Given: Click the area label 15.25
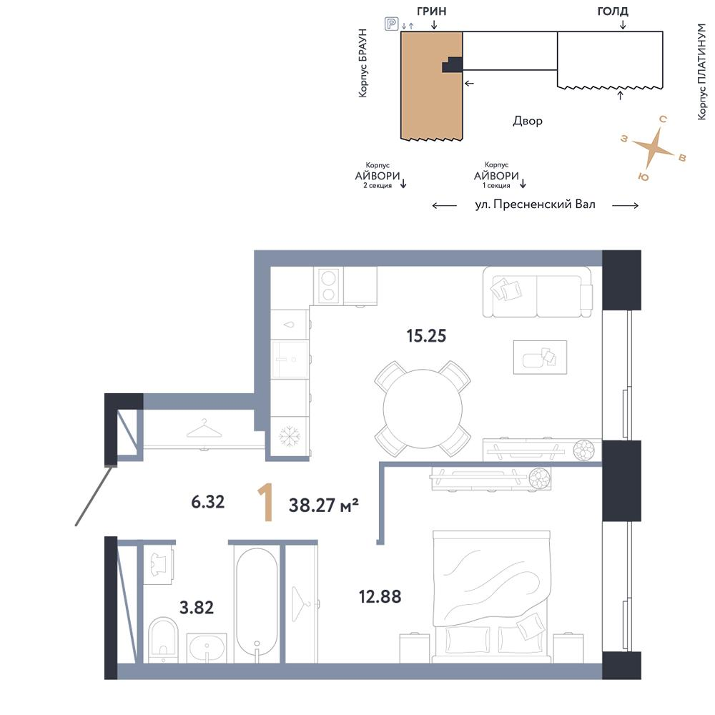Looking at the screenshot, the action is tap(426, 335).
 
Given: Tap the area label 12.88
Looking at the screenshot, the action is tap(380, 596).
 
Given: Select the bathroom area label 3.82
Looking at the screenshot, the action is tap(197, 607).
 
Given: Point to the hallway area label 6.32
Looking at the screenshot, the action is tap(207, 502).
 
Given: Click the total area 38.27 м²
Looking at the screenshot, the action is tap(324, 505).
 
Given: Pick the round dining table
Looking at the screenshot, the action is tap(423, 408).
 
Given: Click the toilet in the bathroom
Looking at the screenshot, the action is tap(163, 638).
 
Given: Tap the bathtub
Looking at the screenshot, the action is tap(256, 604).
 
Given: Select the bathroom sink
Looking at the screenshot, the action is tap(207, 648).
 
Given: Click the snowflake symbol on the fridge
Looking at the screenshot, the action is tap(289, 436).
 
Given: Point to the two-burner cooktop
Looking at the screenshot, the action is tap(328, 286).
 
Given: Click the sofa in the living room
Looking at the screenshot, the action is tap(538, 292).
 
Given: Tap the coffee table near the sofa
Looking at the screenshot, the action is tap(540, 357).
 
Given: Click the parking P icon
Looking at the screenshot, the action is tap(391, 24).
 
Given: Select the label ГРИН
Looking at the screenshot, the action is tap(431, 11).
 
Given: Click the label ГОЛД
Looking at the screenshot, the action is tap(613, 11).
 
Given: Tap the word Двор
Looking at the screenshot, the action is tap(528, 121).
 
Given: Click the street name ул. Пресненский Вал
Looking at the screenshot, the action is tap(536, 204).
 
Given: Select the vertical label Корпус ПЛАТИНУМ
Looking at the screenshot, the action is tap(701, 71).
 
